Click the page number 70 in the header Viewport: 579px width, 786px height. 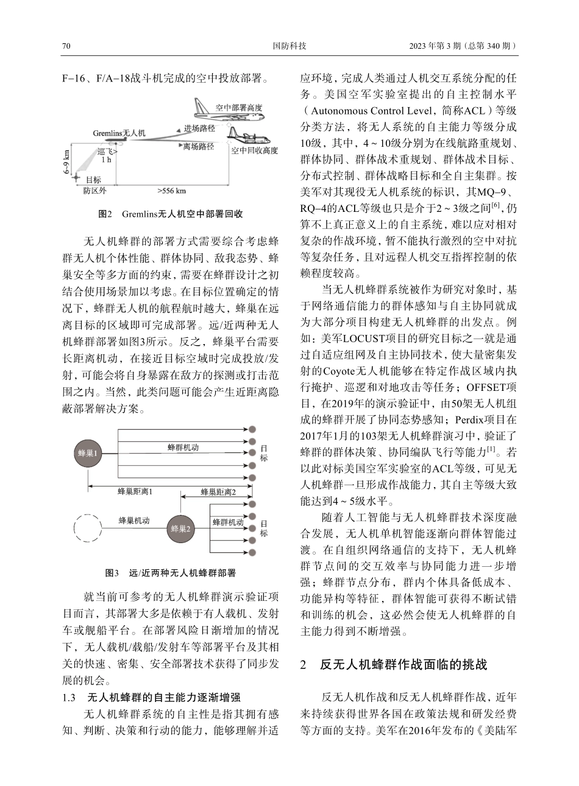pos(67,46)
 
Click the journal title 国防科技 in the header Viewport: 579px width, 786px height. pos(289,46)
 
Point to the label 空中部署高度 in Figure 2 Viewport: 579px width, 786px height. pos(238,108)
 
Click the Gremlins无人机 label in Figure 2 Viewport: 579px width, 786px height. pos(119,132)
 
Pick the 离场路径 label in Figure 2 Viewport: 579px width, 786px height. pos(198,147)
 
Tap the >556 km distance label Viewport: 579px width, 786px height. pos(172,191)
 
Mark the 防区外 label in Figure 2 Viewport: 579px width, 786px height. pos(94,191)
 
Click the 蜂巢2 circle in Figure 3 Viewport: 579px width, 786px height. pos(181,528)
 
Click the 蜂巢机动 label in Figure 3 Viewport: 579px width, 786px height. pos(134,521)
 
